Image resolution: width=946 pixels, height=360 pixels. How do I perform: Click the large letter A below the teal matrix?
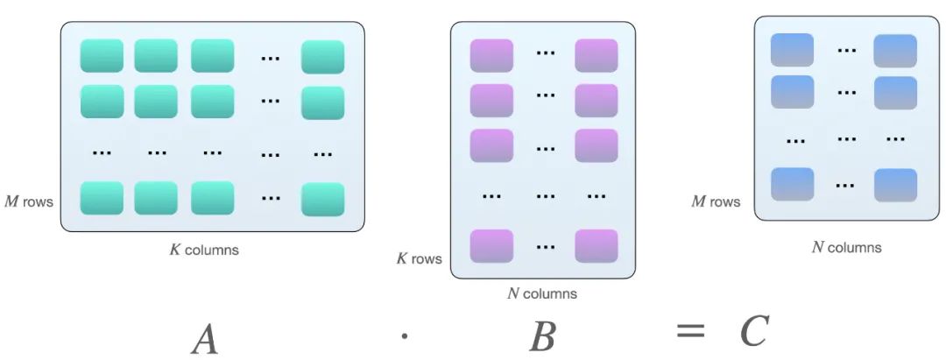205,337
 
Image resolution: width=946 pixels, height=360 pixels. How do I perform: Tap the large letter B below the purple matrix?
542,335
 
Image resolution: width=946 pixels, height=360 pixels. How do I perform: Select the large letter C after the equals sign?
753,331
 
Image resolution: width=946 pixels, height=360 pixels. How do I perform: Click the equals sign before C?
690,331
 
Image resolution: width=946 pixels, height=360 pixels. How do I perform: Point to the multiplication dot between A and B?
404,335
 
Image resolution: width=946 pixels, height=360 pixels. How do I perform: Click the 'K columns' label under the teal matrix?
204,250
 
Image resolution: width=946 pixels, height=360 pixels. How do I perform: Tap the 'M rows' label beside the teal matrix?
29,202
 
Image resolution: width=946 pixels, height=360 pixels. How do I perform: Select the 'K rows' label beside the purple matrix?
419,259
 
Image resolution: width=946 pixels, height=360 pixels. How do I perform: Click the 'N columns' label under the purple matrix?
542,293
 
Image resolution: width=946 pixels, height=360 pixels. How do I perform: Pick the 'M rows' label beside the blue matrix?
716,201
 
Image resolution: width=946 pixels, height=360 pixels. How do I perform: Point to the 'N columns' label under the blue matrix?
846,247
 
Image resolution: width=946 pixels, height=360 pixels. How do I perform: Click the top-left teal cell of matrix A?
102,56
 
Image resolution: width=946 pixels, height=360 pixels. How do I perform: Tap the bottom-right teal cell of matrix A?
322,199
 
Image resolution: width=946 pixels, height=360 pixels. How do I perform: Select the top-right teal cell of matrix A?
322,57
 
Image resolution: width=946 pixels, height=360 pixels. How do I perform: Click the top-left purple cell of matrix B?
491,55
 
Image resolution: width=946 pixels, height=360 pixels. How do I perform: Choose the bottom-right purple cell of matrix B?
597,245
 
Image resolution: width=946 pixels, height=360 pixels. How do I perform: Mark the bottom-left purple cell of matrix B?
491,245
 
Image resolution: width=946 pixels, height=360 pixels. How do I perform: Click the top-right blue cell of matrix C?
895,51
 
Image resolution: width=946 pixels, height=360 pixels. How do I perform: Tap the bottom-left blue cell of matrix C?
792,184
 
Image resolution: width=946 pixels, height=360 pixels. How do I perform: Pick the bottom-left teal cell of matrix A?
102,198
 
